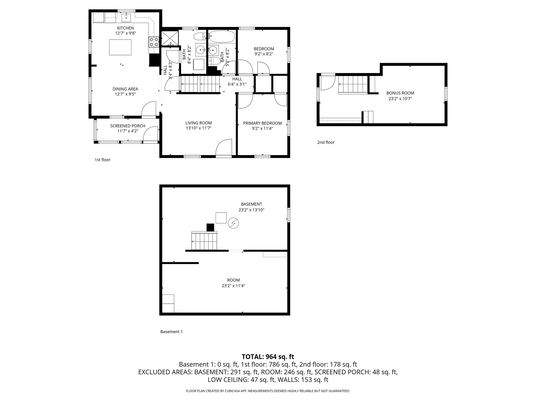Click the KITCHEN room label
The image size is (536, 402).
(125, 28)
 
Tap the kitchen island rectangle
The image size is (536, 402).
(120, 47)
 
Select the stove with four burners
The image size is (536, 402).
(154, 42)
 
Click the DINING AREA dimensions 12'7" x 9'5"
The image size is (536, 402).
(125, 94)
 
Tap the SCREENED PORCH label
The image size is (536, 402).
(127, 126)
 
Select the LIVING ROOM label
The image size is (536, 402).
(198, 123)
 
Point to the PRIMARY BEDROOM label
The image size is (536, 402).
(262, 123)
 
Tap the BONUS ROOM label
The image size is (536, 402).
(400, 93)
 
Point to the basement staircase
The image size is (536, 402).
(204, 241)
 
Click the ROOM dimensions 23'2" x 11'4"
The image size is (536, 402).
(233, 286)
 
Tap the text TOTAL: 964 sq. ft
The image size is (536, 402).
(268, 357)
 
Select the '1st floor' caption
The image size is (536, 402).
(102, 160)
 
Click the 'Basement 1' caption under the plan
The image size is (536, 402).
(171, 332)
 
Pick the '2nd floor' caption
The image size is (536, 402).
(326, 142)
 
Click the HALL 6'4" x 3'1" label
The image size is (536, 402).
(237, 82)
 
